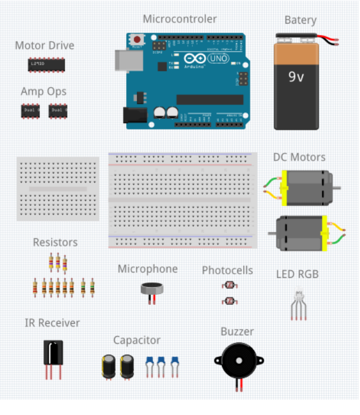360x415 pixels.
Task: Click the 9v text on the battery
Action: pos(296,77)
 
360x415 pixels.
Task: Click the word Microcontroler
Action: pos(180,19)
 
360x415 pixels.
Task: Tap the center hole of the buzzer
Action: pos(239,361)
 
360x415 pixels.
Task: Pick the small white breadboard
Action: pos(58,189)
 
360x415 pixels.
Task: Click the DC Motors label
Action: pos(299,157)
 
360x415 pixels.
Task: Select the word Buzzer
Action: pos(237,331)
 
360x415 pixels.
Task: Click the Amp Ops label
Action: pos(43,92)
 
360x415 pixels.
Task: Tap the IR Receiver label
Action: pos(52,323)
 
